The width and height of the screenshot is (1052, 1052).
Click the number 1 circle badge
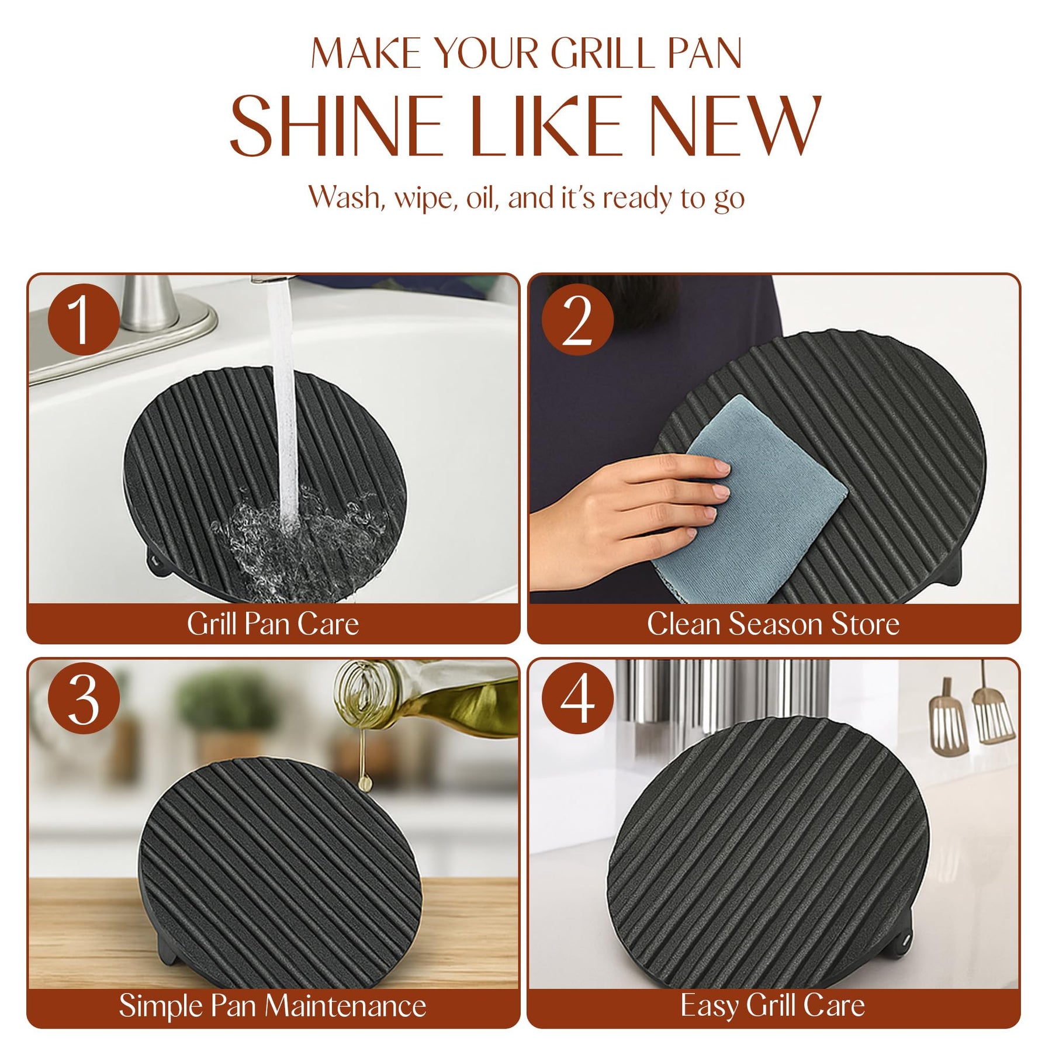tap(84, 320)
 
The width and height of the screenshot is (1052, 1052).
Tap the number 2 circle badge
tap(577, 320)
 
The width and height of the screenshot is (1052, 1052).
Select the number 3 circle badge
tap(84, 698)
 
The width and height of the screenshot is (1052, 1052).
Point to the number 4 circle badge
tap(577, 698)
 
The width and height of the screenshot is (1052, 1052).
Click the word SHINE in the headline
tap(335, 126)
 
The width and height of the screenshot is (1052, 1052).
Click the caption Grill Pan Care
tap(273, 624)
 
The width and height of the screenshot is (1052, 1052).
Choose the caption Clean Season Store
tap(773, 624)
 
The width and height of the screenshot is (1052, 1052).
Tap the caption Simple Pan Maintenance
tap(273, 1005)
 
